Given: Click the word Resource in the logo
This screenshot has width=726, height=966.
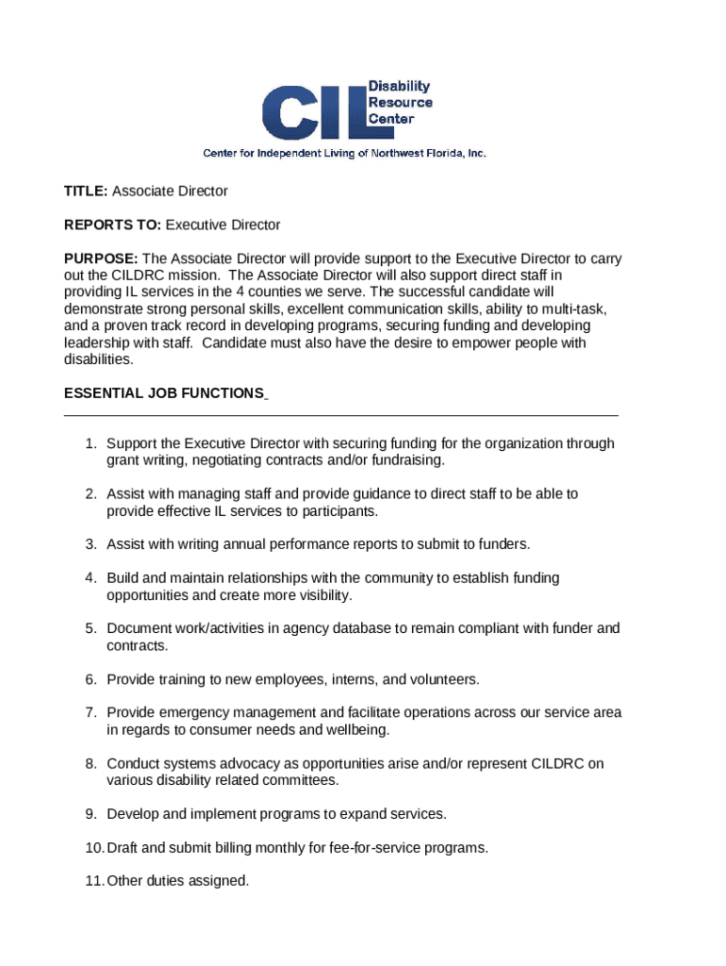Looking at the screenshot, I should coord(400,103).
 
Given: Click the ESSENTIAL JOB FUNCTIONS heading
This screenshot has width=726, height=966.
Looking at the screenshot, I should coord(163,393).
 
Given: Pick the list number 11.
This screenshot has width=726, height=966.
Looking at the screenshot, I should coord(92,881).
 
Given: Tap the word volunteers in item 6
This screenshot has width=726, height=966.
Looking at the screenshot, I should coord(444,679).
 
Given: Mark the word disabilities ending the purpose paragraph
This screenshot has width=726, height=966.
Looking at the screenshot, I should coord(98,359).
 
